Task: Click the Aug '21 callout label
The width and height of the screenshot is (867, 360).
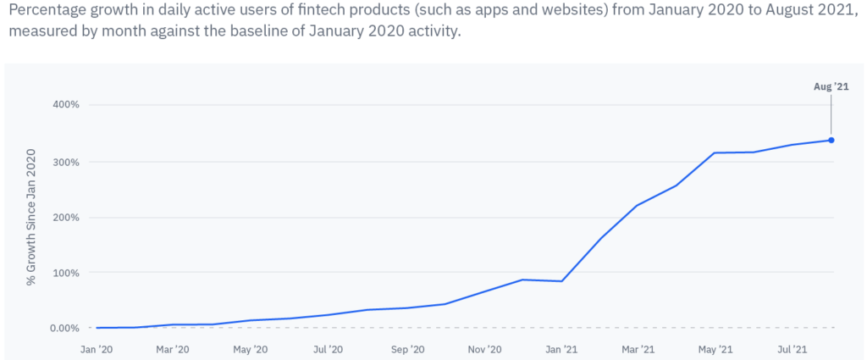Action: coord(831,86)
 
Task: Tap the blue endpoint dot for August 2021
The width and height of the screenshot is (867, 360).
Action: coord(831,141)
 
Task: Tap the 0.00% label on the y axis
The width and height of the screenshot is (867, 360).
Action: coord(64,328)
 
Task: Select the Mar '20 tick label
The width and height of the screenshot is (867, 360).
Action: coord(172,349)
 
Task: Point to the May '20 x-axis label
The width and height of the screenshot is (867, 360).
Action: coord(250,349)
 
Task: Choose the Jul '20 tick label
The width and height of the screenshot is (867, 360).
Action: coord(328,349)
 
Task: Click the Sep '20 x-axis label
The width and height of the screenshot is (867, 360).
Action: coord(406,349)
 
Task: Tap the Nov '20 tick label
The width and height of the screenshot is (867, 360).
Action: coord(484,349)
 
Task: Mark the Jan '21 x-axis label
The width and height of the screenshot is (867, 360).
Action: coord(561,349)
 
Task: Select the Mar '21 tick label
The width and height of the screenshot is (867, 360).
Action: coord(638,349)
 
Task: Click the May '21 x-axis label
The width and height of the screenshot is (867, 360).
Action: coord(715,349)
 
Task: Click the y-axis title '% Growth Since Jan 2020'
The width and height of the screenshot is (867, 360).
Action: coord(32,217)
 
